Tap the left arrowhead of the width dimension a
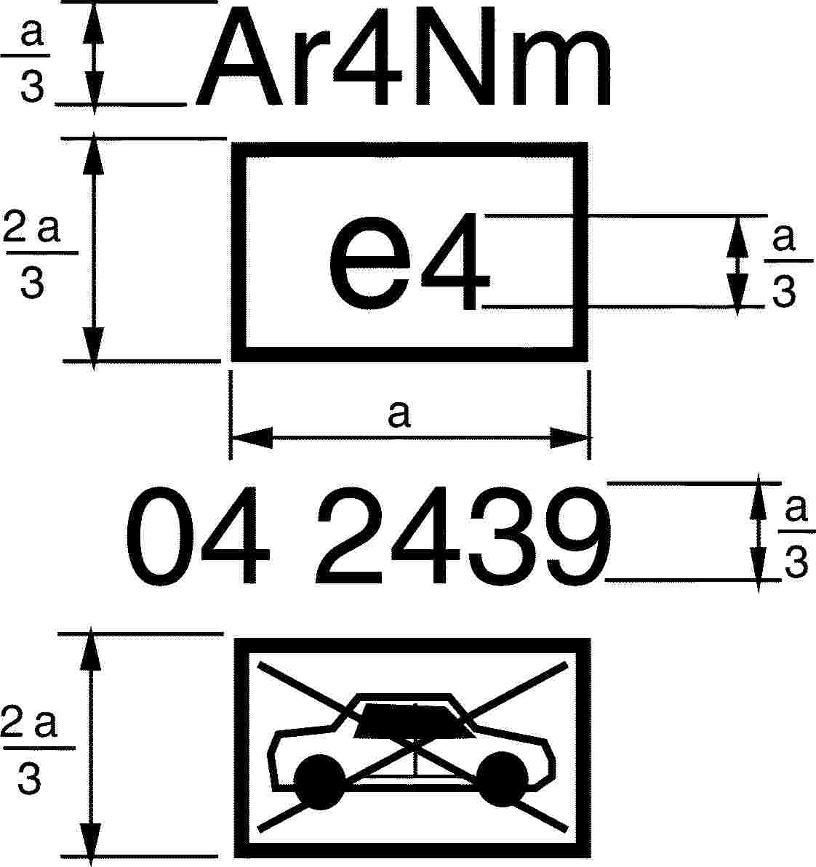(252, 438)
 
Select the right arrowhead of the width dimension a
(569, 438)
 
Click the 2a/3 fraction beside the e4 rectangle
(33, 255)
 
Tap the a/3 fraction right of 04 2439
(797, 537)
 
